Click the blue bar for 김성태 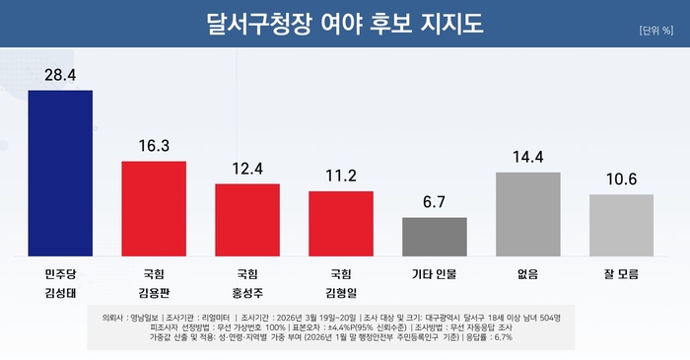(x=60, y=172)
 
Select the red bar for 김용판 (x=154, y=207)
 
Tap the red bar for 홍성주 (x=247, y=218)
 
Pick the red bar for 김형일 (x=341, y=222)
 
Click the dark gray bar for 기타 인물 (x=435, y=235)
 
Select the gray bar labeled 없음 (x=528, y=212)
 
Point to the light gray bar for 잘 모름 (x=621, y=223)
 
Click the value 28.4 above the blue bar (x=60, y=75)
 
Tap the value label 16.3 (x=154, y=145)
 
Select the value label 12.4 (x=247, y=168)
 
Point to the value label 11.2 (x=341, y=175)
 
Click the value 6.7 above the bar (x=435, y=201)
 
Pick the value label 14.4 (x=528, y=156)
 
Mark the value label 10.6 (x=621, y=179)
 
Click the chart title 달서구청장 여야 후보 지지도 (x=344, y=23)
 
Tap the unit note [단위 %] (x=655, y=31)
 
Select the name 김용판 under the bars (x=154, y=293)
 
